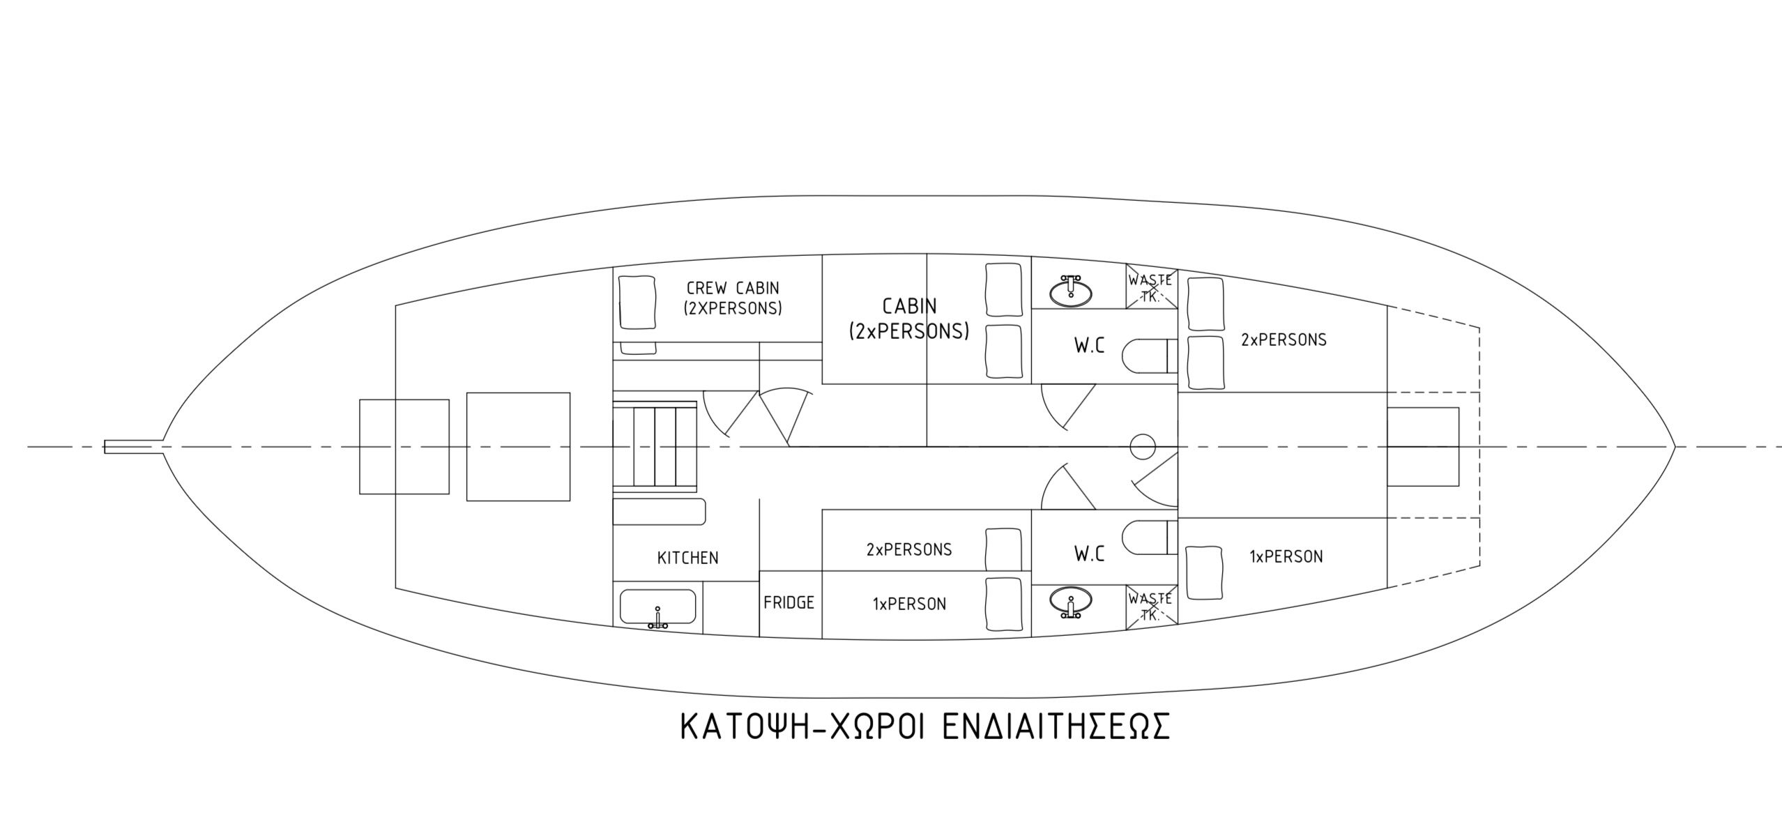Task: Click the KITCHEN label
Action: (687, 558)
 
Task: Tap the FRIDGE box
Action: (789, 603)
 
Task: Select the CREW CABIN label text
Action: (733, 297)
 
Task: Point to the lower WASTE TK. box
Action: (1151, 607)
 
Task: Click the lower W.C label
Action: (1089, 554)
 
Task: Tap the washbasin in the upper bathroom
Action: (1070, 292)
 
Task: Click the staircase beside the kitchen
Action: (655, 447)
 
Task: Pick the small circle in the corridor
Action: (1143, 446)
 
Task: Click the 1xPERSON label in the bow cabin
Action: (1286, 556)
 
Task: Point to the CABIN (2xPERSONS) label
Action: (908, 319)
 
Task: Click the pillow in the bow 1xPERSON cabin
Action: (1205, 573)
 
